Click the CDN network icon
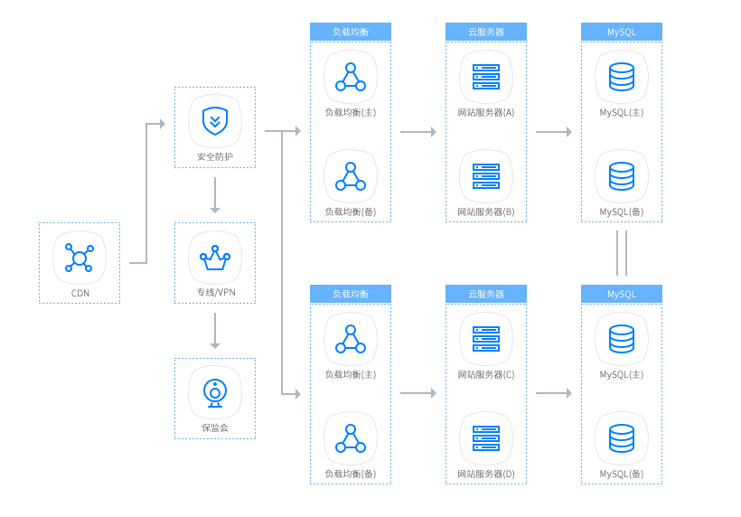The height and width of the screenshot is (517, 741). (x=80, y=258)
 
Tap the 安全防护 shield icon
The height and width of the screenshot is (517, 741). (x=215, y=120)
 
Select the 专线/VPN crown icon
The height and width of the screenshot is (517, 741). (x=215, y=258)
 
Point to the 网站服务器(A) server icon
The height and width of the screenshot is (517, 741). (x=486, y=77)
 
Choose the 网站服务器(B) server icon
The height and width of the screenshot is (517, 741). (x=486, y=176)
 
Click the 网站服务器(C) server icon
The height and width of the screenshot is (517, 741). (x=486, y=339)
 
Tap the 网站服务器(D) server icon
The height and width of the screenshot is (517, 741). (x=486, y=438)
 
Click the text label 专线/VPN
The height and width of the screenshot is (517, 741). (x=215, y=293)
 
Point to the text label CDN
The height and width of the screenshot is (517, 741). (x=80, y=293)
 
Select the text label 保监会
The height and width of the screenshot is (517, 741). (x=215, y=428)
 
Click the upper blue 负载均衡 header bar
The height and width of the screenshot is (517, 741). (x=351, y=32)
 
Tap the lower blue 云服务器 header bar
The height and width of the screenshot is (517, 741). (x=486, y=294)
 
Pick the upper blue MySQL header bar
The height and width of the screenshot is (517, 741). (x=622, y=32)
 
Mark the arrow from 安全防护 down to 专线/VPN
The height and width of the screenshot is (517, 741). (x=215, y=194)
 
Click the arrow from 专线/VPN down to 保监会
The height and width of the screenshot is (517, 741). (x=215, y=330)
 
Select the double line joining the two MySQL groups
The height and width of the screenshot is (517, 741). (x=622, y=253)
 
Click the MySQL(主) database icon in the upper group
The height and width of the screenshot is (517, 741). (x=622, y=77)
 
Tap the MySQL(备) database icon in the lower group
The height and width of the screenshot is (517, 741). (x=622, y=438)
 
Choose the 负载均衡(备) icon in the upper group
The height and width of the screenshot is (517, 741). (x=351, y=176)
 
